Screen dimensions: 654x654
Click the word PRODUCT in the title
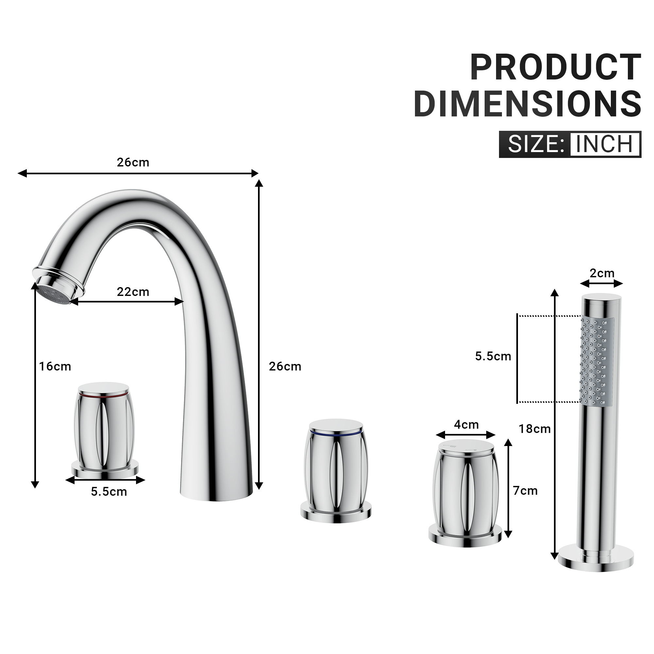[555, 67]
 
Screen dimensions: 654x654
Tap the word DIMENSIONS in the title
[527, 104]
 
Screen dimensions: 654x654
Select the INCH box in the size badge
[605, 144]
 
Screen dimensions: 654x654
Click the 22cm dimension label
[133, 292]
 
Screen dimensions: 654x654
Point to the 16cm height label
[55, 366]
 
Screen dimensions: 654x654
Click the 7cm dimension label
[525, 490]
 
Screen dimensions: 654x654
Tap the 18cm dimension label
[535, 429]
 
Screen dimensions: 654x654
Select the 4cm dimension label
[466, 424]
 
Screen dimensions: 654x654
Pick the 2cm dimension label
[602, 273]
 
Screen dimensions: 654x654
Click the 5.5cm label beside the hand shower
[493, 356]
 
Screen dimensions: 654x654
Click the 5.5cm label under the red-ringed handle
[109, 491]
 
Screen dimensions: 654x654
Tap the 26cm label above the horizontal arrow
[133, 163]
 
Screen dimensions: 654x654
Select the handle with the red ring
[104, 428]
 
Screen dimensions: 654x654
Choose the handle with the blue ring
[336, 471]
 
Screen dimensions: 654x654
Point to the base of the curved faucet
[217, 492]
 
